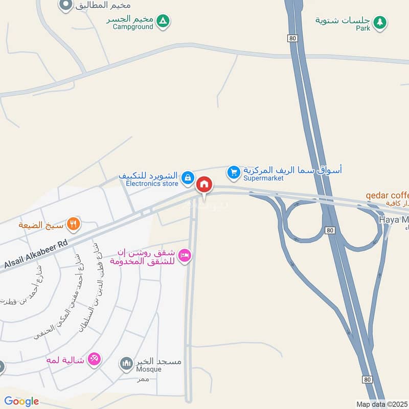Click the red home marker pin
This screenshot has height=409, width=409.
(x=204, y=185)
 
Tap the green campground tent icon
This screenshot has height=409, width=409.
(x=163, y=21)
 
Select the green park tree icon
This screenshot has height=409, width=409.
(x=379, y=22)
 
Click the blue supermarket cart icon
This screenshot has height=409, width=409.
(x=234, y=173)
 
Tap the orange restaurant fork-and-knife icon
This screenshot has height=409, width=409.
(x=74, y=223)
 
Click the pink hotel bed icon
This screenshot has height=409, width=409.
(x=185, y=256)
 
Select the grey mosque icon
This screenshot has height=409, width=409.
(x=126, y=364)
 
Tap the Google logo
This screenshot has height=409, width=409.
(x=22, y=401)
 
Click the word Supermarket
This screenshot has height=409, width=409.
(x=263, y=178)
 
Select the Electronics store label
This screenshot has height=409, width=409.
(x=152, y=183)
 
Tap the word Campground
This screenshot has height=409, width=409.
(x=133, y=27)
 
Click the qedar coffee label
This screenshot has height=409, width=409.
(x=388, y=195)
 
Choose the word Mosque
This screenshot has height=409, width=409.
(x=148, y=369)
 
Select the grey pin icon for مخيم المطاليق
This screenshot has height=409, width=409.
(x=65, y=6)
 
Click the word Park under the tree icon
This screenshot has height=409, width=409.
(x=363, y=28)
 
